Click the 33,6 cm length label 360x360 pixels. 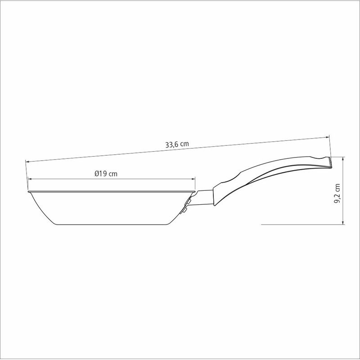[x=177, y=144]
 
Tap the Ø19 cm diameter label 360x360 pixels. [x=106, y=174]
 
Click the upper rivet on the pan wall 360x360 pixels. [x=189, y=202]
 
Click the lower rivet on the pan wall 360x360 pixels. [x=184, y=211]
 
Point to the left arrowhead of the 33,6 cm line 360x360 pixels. [x=27, y=162]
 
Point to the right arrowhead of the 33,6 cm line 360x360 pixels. [x=328, y=137]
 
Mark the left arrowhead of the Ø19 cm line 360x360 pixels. [x=29, y=179]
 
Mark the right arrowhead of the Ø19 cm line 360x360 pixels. [x=193, y=179]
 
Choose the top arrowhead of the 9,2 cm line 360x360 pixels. [x=343, y=158]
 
